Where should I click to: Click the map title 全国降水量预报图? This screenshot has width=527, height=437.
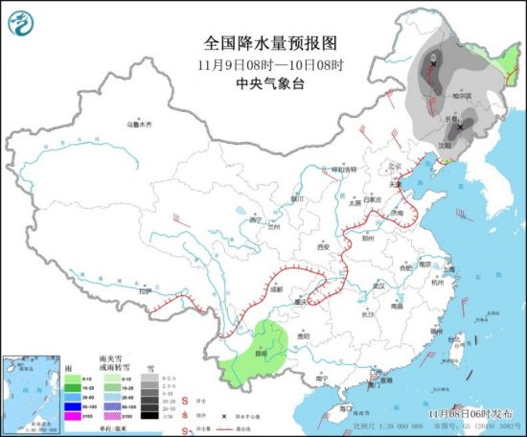coord(259,43)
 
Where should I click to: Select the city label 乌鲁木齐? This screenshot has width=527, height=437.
coord(141,124)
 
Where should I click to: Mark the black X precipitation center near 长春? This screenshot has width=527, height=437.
coord(461,126)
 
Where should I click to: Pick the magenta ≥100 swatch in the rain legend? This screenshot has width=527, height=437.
coord(71,416)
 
